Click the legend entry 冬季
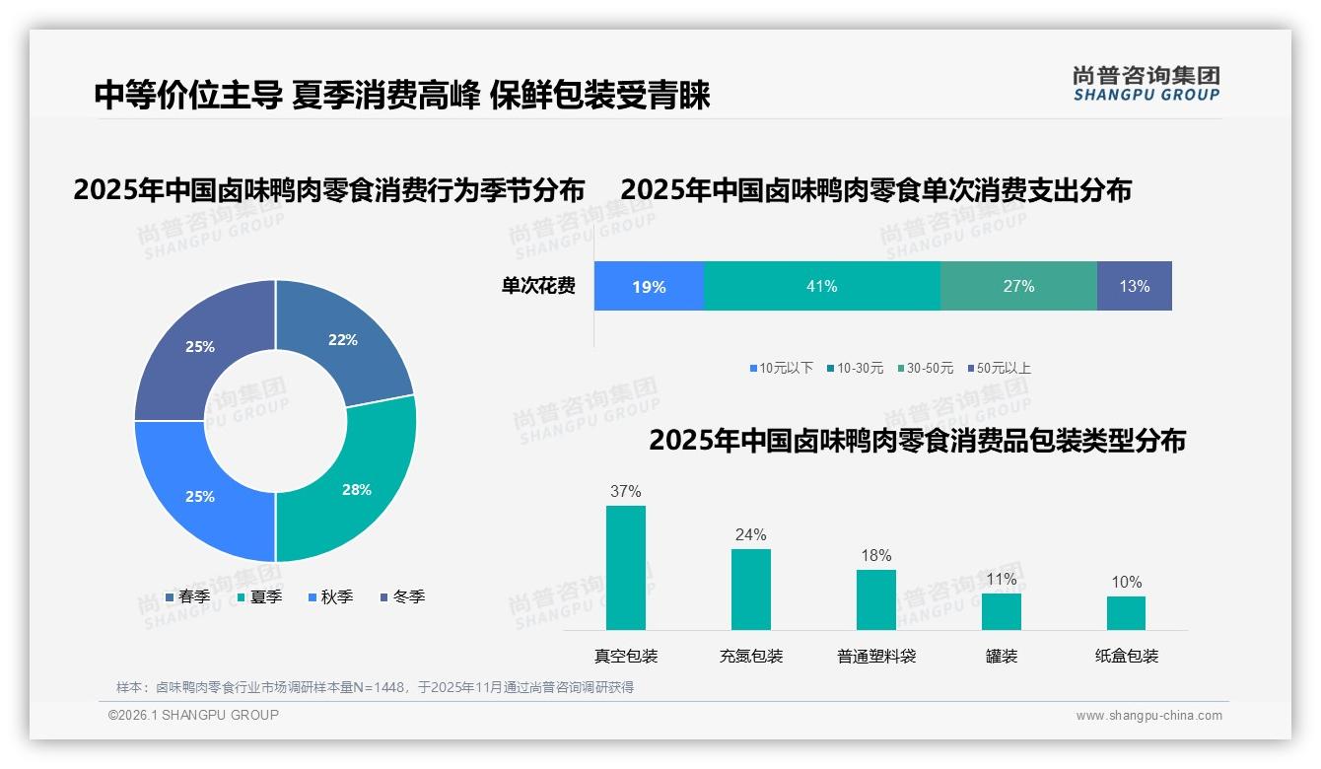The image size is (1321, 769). coord(407,596)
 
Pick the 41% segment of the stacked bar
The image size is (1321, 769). coord(821,286)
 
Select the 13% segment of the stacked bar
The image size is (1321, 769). coord(1134,286)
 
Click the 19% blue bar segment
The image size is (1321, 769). coord(649,287)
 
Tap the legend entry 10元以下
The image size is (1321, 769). coord(785,368)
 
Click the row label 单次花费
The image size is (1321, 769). coord(538,286)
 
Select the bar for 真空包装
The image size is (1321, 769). coord(625,568)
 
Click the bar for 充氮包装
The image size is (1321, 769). coord(750,590)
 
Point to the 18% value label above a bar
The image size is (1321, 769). coord(875,556)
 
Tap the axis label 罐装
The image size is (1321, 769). coord(1001,656)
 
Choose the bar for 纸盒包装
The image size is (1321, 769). coord(1126,612)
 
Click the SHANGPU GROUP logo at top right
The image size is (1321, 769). coord(1146,84)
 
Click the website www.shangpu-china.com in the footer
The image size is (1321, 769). coord(1148,716)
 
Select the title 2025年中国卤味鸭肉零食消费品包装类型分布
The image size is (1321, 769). coord(917,441)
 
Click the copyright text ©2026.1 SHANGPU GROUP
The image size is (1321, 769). coord(193,715)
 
